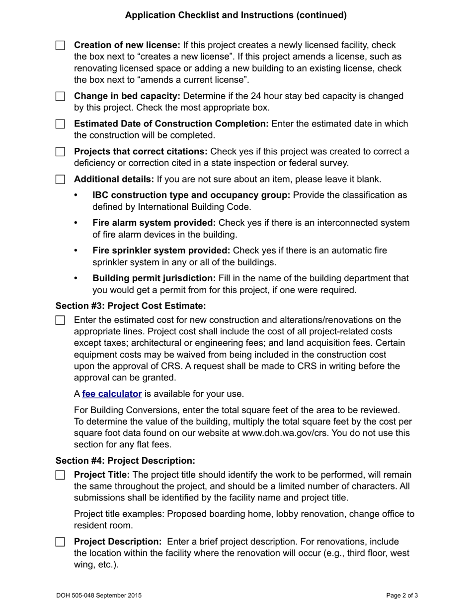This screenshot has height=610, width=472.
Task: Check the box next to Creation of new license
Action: (x=60, y=46)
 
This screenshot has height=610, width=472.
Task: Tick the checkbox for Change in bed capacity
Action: (x=60, y=96)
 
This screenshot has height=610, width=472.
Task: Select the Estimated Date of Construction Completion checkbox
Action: (x=60, y=124)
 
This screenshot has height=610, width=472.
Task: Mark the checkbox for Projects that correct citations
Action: (x=60, y=152)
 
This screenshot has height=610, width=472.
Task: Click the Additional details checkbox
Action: (x=60, y=180)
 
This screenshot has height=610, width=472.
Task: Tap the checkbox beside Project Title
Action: (x=60, y=475)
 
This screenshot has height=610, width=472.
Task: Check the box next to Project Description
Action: (x=60, y=542)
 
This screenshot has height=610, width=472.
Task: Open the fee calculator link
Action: (x=112, y=394)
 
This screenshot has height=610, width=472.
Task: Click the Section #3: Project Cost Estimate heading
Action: (x=130, y=306)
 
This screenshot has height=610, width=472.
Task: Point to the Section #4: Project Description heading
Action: (x=125, y=461)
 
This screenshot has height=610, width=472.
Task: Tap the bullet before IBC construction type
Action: (x=76, y=195)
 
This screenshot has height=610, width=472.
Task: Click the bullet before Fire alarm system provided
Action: (x=76, y=223)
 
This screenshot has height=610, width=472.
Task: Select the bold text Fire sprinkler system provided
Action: (x=161, y=250)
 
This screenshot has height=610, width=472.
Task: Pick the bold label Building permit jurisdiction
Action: (x=154, y=278)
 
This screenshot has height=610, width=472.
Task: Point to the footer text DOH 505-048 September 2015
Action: (x=99, y=595)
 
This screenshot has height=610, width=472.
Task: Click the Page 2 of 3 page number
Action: (x=402, y=595)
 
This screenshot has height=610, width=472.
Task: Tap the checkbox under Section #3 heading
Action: (x=60, y=320)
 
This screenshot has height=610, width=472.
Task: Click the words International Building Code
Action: (x=194, y=207)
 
